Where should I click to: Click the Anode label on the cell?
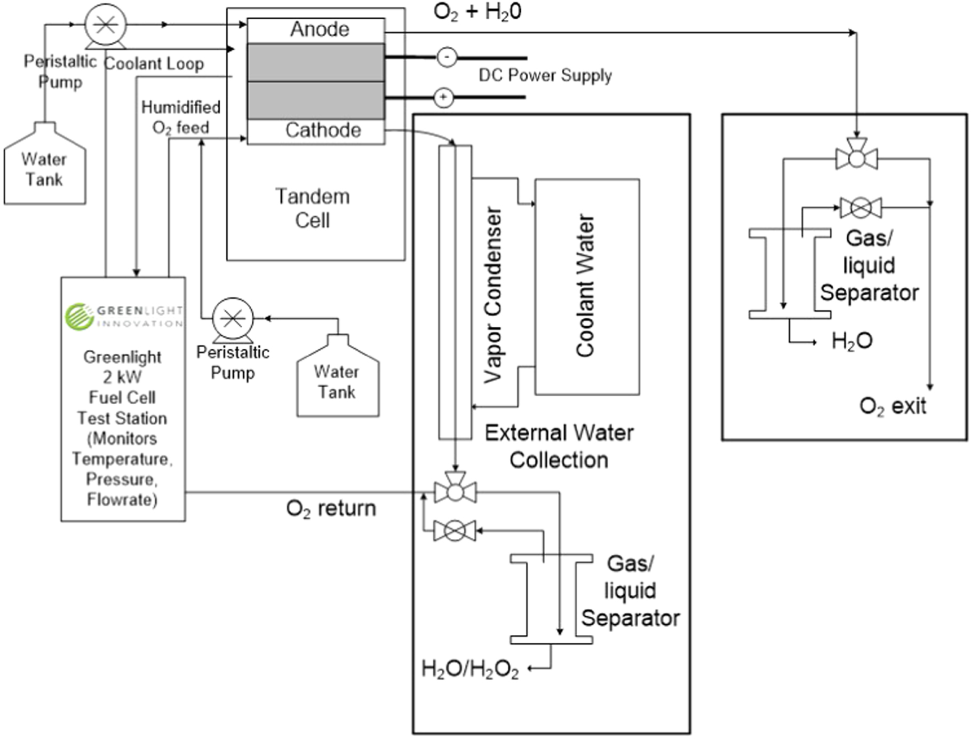[x=319, y=29]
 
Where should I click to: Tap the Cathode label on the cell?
[x=323, y=130]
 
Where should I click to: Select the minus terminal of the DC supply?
[x=447, y=57]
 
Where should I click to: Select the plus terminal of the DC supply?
[x=443, y=98]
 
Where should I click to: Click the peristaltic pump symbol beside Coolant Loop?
[x=106, y=25]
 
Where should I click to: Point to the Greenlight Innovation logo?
[x=124, y=316]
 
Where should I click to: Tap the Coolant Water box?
[x=587, y=287]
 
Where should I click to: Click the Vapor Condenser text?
[x=492, y=295]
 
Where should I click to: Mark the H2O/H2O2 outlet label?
[x=469, y=669]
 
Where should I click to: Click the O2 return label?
[x=331, y=508]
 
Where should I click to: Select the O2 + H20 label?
[x=477, y=12]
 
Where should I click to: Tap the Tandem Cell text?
[x=313, y=208]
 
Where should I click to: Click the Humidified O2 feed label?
[x=180, y=117]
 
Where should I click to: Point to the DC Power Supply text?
[x=545, y=75]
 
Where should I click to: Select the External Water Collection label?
[x=559, y=446]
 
